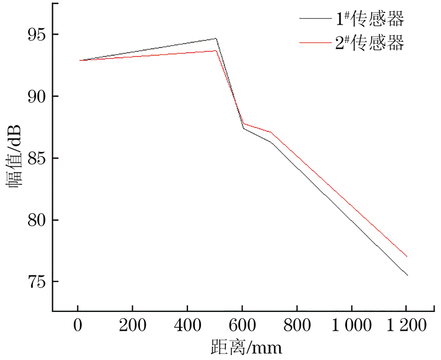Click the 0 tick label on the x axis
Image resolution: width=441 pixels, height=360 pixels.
[x=78, y=325]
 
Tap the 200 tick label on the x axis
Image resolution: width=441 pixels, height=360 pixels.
[x=132, y=325]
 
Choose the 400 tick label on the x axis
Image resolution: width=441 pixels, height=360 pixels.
[x=187, y=325]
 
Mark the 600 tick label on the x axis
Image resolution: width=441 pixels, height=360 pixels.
[x=242, y=325]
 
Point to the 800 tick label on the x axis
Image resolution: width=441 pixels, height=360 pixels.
[x=297, y=325]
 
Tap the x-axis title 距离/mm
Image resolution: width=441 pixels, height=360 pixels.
[x=246, y=348]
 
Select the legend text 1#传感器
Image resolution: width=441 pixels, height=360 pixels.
[x=370, y=19]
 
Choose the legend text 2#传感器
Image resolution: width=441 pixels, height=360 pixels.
[x=370, y=43]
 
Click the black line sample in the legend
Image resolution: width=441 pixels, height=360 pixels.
[x=315, y=19]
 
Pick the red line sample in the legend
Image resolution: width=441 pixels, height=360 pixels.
[x=315, y=43]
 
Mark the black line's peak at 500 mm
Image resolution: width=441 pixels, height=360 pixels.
[x=216, y=39]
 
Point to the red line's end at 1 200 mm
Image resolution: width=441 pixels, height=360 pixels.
[x=407, y=257]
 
